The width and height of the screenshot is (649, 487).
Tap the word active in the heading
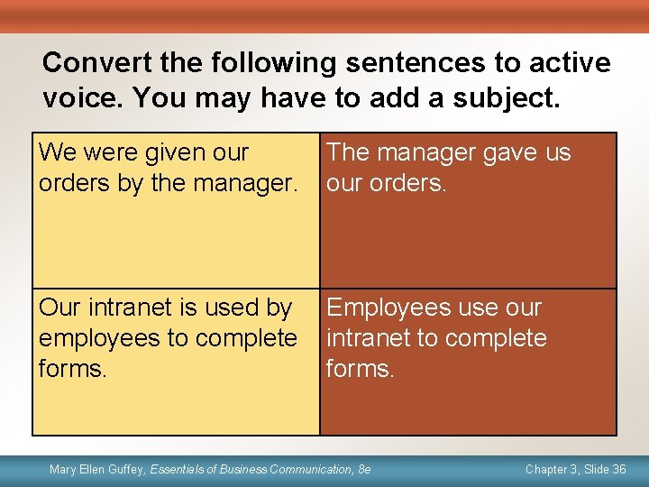coord(569,63)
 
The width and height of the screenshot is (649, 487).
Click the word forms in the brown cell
coord(360,369)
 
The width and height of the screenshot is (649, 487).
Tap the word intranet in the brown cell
coord(367,338)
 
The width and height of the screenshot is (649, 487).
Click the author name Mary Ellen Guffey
coord(97,469)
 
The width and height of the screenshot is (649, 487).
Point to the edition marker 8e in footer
coord(363,469)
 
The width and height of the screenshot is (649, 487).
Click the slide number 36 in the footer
coord(618,469)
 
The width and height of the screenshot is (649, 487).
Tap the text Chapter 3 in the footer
coord(551,469)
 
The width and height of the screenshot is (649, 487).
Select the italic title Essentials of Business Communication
coord(251,469)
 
